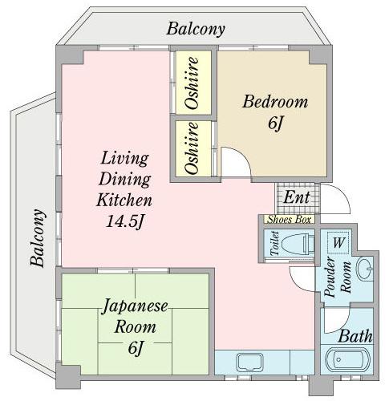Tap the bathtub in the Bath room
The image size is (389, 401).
coord(347,359)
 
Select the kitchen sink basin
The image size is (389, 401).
coord(250,362)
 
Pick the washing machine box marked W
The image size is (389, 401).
coord(338,243)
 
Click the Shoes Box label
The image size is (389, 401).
coord(290,220)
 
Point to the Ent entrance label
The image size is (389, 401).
coord(296,197)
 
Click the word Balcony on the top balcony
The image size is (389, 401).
coord(196,29)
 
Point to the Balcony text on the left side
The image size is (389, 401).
coord(37,237)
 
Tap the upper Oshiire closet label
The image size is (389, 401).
coord(192,83)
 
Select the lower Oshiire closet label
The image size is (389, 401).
coord(192,148)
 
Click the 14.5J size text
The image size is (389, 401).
coord(125,221)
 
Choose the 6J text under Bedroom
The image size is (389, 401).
coord(275,124)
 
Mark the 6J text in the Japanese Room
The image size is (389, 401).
coord(136,348)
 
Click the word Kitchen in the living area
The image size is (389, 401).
coord(124,200)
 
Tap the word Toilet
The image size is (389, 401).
coord(275,244)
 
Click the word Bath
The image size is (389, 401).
coord(355,336)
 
